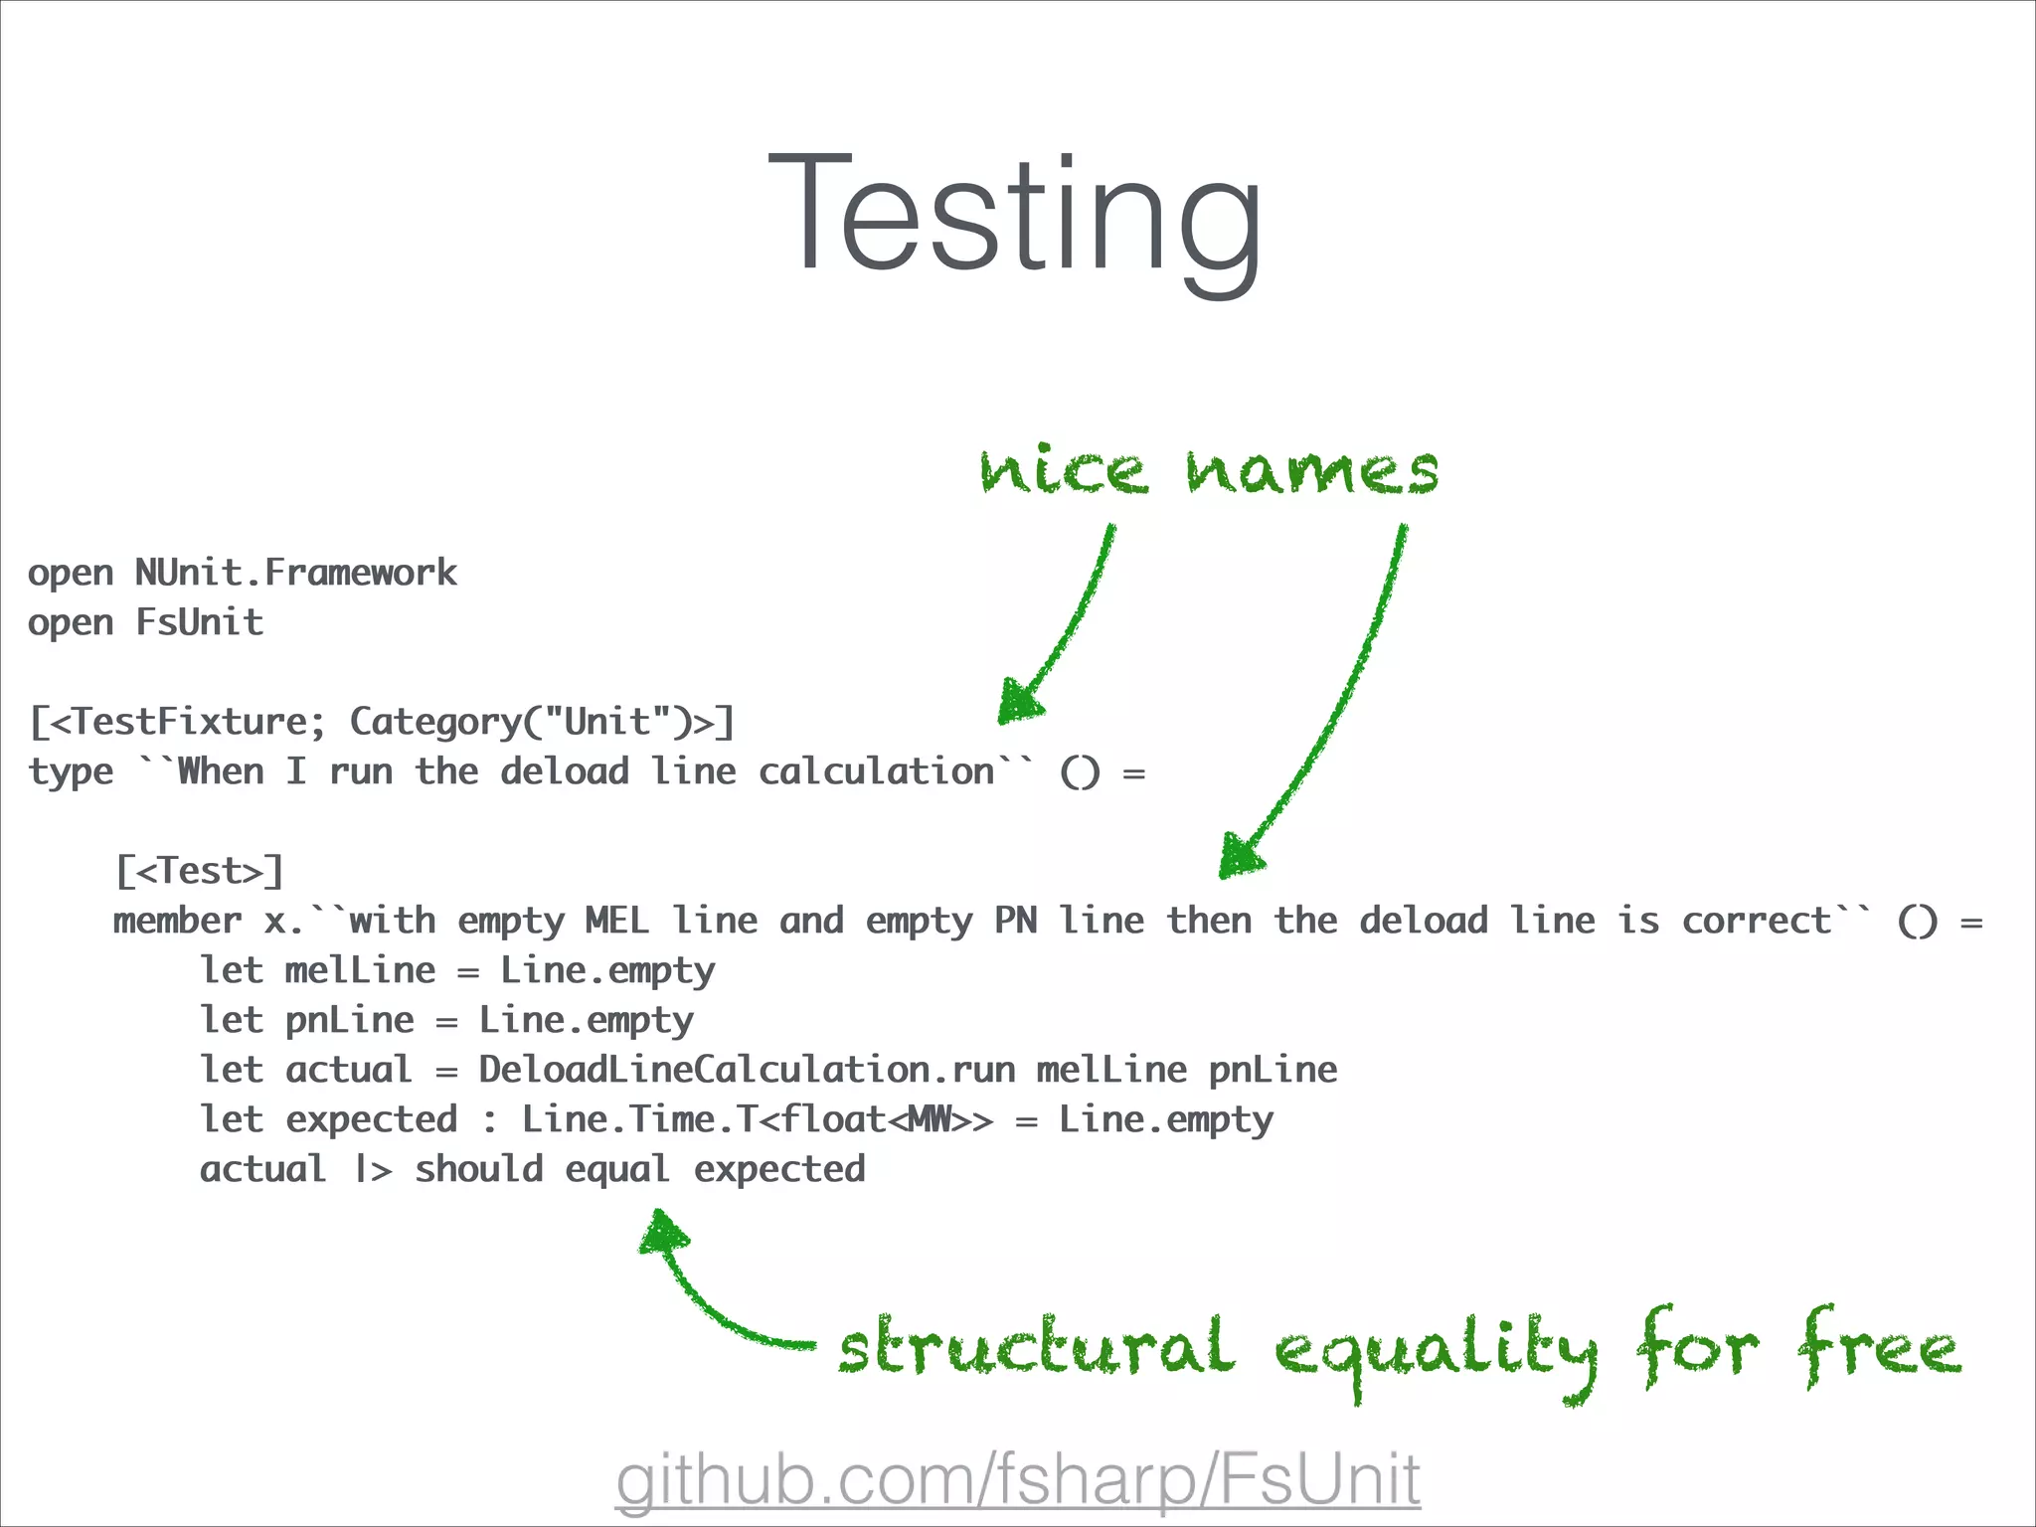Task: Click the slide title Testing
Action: point(1015,214)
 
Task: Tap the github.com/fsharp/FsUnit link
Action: point(1017,1479)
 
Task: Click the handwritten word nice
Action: point(1063,469)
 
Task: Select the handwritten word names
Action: point(1312,471)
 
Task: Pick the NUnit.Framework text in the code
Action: point(295,573)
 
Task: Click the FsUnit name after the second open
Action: point(199,622)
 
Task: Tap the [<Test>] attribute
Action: point(200,871)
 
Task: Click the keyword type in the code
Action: point(71,772)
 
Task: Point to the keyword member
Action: point(177,921)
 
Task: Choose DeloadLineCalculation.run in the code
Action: point(747,1070)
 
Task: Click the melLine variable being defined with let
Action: point(360,970)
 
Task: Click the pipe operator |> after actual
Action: point(374,1170)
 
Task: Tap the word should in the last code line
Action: point(478,1169)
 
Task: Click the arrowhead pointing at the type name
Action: point(1018,702)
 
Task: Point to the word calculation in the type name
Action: point(876,772)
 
